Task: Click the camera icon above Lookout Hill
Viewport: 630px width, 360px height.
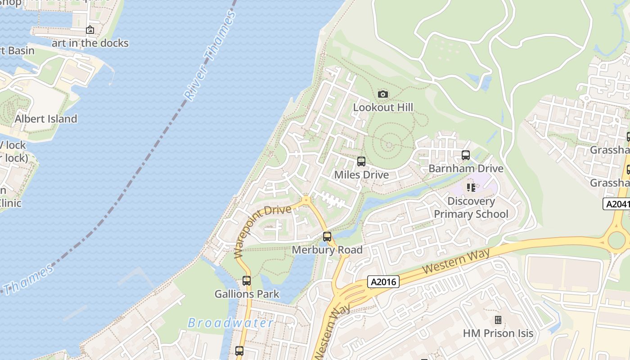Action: pos(383,94)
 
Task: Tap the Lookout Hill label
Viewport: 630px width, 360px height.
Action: pos(383,107)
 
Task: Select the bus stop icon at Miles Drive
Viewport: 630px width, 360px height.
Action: pos(361,162)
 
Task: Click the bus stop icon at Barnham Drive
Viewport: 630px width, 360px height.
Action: pos(466,155)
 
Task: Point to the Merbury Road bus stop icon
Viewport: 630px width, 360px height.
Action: pos(327,237)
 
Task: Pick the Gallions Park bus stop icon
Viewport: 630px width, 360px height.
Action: pos(247,281)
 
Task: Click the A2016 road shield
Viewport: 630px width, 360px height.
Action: pos(383,282)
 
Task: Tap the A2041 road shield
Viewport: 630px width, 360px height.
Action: pos(617,204)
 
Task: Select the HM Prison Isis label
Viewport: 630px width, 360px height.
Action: pos(498,333)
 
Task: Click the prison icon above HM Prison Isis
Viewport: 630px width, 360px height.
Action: pos(498,320)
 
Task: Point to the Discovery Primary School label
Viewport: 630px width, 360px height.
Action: pos(471,207)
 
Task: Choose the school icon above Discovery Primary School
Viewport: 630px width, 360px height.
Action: pos(471,187)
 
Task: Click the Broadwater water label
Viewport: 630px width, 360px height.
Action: pos(230,323)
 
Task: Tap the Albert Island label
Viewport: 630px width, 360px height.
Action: pos(46,119)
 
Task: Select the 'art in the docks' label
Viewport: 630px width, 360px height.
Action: pos(90,43)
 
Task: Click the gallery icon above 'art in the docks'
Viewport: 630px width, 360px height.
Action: pos(90,30)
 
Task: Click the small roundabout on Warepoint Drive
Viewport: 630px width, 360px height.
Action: pos(306,200)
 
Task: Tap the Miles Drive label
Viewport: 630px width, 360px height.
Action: pos(361,175)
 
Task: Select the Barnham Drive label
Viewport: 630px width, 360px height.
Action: pos(466,168)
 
